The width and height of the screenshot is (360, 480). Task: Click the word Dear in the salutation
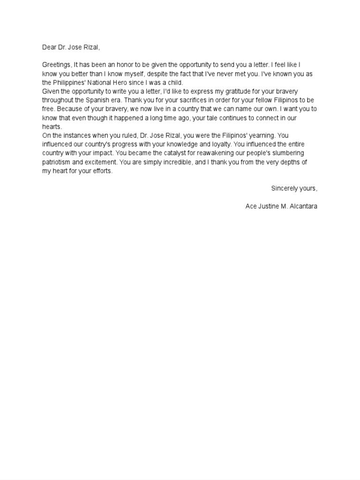49,47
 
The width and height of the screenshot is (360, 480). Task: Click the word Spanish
97,100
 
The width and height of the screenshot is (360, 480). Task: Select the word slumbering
287,153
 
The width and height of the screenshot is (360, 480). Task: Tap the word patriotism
56,162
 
